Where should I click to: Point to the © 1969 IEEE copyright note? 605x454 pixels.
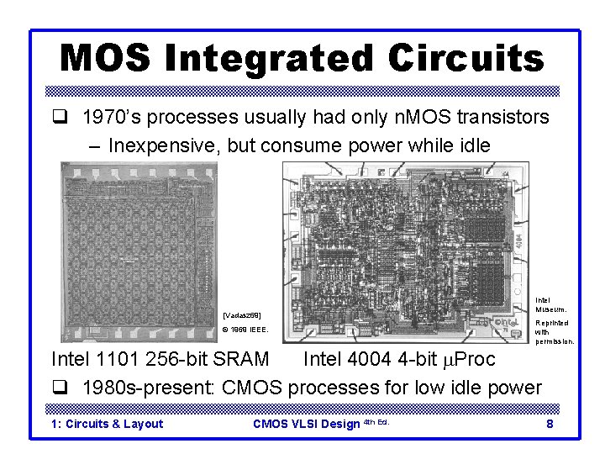pos(245,330)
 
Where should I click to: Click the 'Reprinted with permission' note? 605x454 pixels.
pos(554,332)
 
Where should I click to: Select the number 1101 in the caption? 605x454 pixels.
pos(115,360)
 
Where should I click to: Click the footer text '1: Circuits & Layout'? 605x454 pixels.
pos(108,424)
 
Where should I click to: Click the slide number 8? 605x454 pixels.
pos(549,424)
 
